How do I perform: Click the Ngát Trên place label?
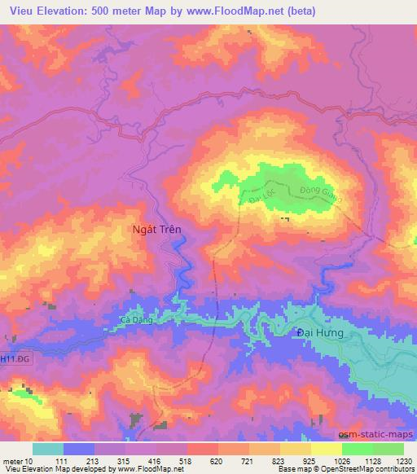coord(156,230)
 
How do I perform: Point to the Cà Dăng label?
coord(135,320)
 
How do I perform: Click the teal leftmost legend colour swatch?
coord(48,449)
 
